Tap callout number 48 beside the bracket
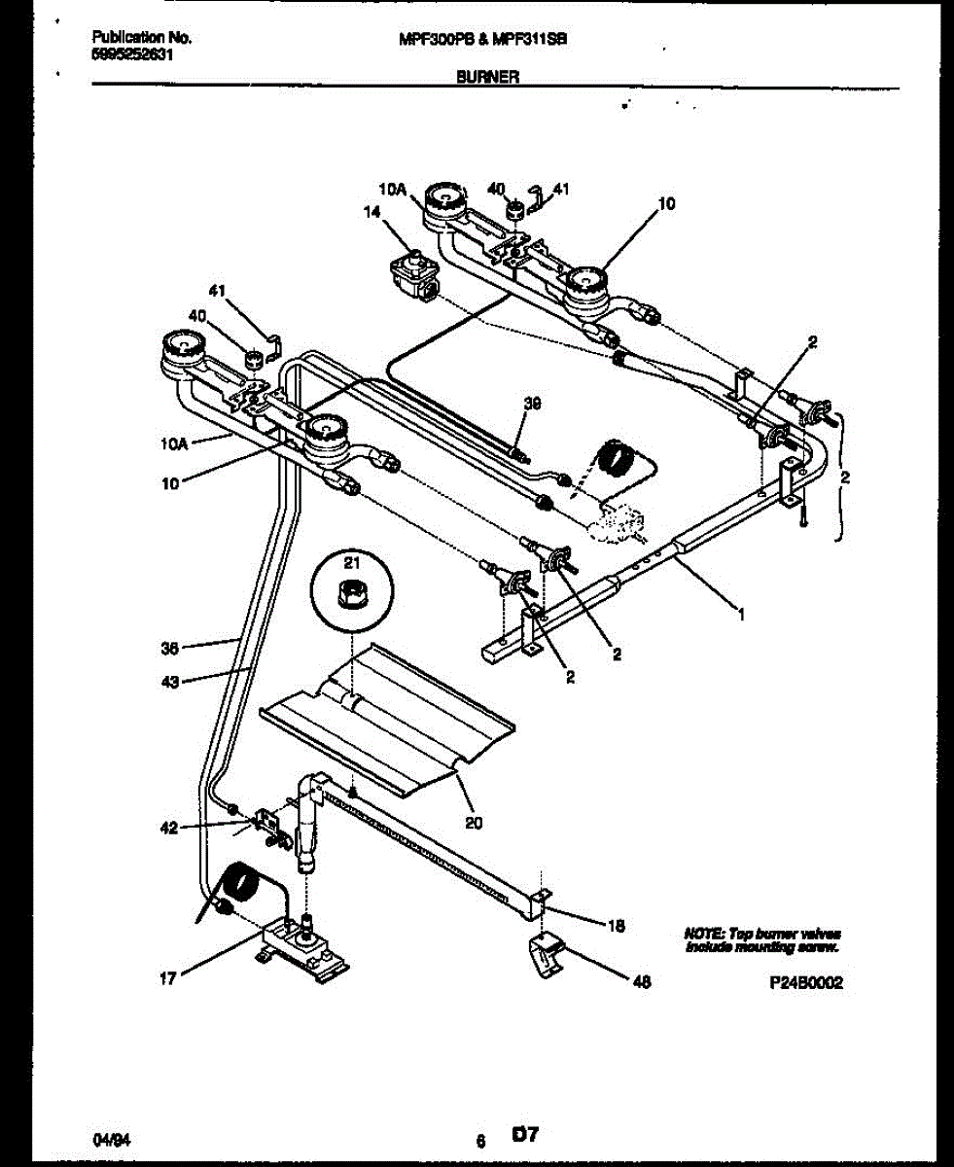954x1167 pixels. pos(641,982)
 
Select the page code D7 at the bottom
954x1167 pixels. pos(525,1134)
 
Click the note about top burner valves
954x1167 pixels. pos(762,938)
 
